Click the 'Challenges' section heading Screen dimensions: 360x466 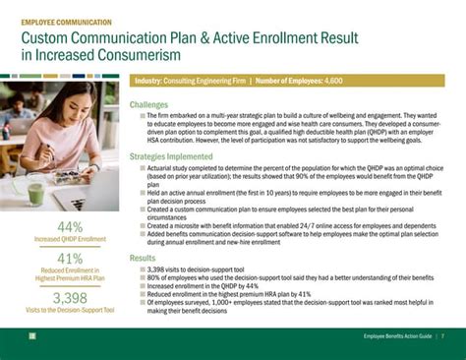click(x=148, y=104)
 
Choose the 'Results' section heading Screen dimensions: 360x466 click(x=143, y=258)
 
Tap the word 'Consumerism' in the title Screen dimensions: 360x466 click(x=80, y=55)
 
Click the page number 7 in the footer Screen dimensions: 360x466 click(x=442, y=337)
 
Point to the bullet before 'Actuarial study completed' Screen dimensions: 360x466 click(x=143, y=167)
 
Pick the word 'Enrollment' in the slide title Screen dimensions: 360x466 click(x=278, y=37)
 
